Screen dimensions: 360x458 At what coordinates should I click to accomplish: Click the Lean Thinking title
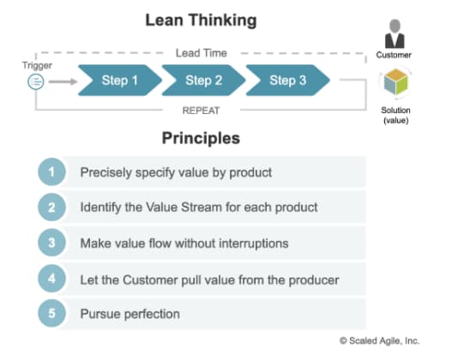201,20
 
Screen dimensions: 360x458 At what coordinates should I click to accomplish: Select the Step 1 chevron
119,81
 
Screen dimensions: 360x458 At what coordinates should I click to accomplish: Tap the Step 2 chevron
203,81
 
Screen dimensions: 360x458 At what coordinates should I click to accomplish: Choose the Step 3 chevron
287,81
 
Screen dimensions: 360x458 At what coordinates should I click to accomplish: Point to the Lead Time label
202,53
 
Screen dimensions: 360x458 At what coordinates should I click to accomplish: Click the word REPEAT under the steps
202,110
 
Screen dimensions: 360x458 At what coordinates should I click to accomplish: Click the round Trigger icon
36,81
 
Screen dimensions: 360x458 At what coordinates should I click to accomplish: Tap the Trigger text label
36,64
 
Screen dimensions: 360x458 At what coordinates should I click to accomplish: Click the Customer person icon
395,33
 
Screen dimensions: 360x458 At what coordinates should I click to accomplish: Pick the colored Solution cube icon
395,86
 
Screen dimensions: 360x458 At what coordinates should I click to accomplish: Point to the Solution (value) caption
395,115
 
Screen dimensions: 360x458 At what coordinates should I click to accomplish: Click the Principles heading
201,138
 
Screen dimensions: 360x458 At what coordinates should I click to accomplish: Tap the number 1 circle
52,172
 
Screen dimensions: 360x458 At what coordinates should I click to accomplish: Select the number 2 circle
52,207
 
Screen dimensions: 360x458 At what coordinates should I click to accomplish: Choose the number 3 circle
52,243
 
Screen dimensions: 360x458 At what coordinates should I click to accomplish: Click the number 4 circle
52,278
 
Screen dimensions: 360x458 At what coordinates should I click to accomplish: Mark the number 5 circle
52,313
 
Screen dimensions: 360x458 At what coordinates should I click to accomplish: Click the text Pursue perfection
130,314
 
